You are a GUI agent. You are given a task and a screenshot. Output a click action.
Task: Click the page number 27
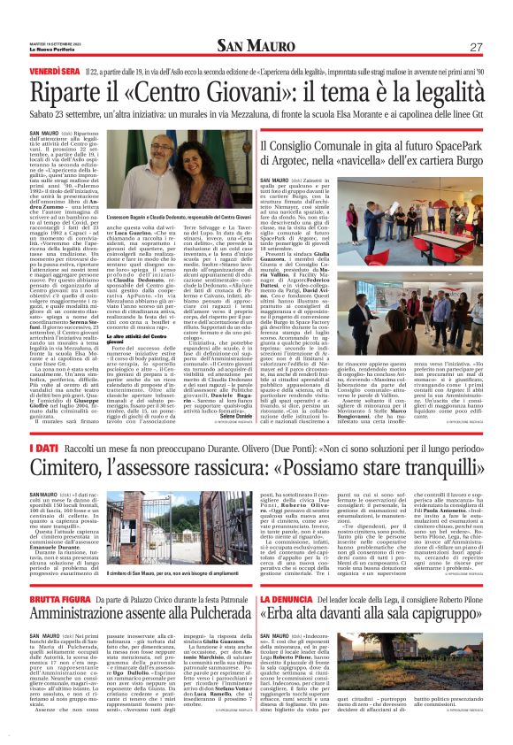pos(476,47)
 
